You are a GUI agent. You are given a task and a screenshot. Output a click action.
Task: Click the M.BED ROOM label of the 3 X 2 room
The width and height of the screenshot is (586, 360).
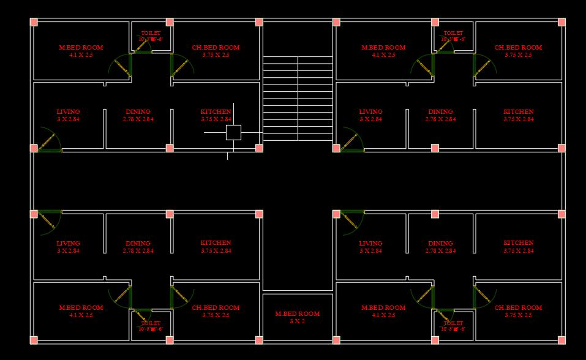298,313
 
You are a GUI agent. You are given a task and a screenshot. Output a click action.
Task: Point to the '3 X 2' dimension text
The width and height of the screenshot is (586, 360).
298,321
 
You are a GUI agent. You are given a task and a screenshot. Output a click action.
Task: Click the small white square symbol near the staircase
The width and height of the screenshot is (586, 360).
233,132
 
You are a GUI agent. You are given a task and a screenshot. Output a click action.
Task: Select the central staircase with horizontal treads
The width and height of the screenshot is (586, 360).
298,98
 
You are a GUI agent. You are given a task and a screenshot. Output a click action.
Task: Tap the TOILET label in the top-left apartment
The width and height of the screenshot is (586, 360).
151,33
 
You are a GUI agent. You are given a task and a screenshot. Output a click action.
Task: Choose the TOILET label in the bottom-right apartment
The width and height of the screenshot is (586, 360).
453,323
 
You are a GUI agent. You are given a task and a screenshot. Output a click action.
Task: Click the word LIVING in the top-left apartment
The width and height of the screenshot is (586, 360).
68,112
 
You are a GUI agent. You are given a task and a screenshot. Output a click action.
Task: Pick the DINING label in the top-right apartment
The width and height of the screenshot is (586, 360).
440,112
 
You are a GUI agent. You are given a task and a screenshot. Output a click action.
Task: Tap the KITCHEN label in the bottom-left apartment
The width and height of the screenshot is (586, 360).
216,243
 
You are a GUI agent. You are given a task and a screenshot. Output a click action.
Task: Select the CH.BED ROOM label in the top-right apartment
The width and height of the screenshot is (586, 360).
518,47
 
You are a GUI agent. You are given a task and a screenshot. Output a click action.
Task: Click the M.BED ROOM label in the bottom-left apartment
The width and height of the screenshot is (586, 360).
81,307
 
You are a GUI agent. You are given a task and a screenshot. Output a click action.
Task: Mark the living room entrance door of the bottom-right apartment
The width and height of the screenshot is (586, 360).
351,222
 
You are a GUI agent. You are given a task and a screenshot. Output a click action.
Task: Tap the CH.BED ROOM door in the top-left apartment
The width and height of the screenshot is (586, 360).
181,66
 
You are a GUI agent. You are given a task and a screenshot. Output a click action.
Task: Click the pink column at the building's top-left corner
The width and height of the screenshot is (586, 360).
34,22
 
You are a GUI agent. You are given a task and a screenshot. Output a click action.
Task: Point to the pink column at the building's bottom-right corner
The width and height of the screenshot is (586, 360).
562,340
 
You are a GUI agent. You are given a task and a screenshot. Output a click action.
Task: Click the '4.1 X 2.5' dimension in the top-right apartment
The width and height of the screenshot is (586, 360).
383,55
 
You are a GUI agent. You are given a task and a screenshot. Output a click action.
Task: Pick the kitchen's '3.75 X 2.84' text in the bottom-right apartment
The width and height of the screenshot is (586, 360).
518,251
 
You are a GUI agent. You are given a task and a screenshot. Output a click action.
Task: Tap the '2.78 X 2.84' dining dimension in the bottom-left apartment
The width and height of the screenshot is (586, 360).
138,251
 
